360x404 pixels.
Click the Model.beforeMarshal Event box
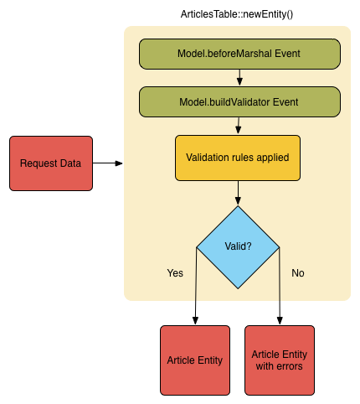239,54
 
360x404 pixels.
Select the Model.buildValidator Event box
239,101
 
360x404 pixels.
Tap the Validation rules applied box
238,158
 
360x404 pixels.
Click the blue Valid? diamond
238,247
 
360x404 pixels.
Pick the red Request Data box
51,163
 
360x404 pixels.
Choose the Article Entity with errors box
280,360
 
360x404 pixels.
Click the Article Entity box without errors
195,360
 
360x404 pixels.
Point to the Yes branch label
175,273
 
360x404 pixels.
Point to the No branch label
297,273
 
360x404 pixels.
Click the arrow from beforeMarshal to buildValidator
239,77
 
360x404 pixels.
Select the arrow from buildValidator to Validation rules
239,126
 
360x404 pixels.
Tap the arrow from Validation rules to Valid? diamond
238,193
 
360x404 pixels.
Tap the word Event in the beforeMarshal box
285,54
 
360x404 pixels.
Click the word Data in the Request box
71,163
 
